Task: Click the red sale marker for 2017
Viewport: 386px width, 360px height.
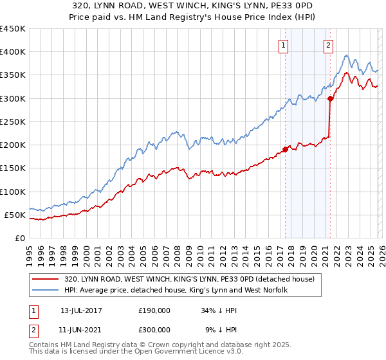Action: [285, 150]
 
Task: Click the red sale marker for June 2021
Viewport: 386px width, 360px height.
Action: [330, 99]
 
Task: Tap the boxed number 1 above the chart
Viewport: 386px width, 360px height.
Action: [284, 45]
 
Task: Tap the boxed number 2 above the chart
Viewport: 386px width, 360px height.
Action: [329, 45]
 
